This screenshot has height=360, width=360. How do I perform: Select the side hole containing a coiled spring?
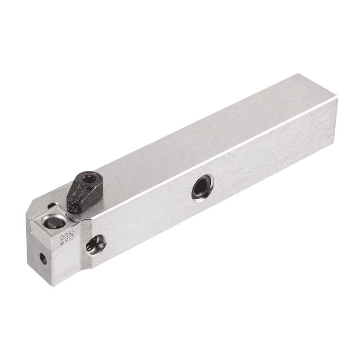[95, 244]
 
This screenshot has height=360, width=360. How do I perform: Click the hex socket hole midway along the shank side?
[202, 187]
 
